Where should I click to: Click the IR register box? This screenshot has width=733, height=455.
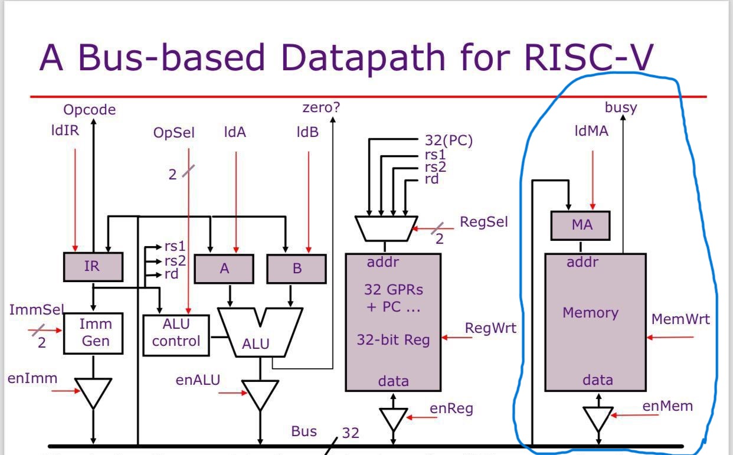click(x=93, y=267)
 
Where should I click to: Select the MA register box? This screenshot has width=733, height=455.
click(x=581, y=225)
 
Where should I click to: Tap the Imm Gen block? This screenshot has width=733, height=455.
click(x=93, y=333)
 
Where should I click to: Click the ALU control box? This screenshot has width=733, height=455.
click(x=176, y=335)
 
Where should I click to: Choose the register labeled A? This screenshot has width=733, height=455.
click(x=224, y=269)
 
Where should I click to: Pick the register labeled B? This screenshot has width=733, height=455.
click(x=297, y=269)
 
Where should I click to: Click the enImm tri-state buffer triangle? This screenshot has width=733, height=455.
click(x=93, y=392)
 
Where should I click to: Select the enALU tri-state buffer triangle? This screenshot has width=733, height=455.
click(x=260, y=394)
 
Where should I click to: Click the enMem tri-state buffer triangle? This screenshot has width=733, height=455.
click(x=598, y=418)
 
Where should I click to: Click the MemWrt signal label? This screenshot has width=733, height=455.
click(x=680, y=319)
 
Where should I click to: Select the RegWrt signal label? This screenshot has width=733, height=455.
click(x=490, y=328)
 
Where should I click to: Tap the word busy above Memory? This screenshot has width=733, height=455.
click(x=621, y=107)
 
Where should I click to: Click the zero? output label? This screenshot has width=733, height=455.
click(x=322, y=108)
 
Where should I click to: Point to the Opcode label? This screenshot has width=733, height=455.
click(x=90, y=110)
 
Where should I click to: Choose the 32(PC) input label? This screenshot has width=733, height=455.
click(x=449, y=140)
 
